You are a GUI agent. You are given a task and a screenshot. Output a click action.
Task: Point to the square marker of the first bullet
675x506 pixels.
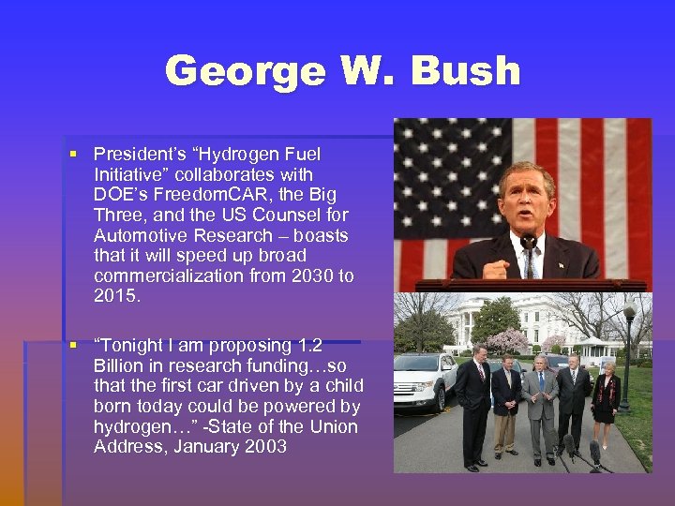pyautogui.click(x=72, y=155)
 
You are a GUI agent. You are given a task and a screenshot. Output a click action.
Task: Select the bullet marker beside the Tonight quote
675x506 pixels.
pyautogui.click(x=72, y=346)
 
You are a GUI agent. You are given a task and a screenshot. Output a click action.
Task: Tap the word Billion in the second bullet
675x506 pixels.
pyautogui.click(x=117, y=365)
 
